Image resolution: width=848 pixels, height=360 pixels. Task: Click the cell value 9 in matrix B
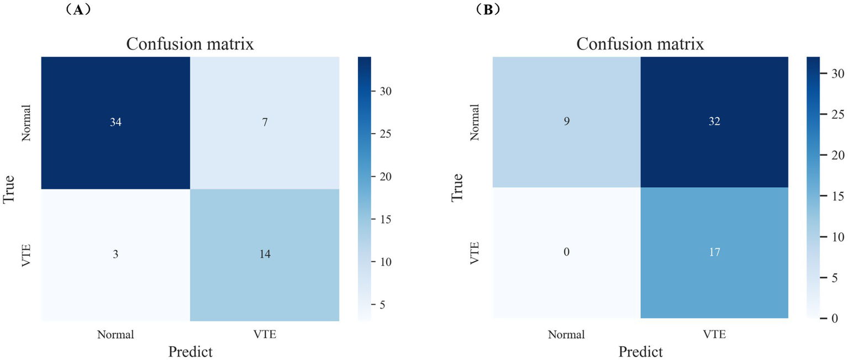[x=566, y=121]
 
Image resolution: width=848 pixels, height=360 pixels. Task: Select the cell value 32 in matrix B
[x=714, y=121]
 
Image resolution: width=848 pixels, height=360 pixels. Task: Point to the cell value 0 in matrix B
[x=566, y=252]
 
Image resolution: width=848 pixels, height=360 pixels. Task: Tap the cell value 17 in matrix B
[x=714, y=252]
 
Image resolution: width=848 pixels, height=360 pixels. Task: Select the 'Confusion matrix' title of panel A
[x=190, y=44]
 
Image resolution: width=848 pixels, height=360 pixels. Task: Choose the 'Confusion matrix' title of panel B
[x=640, y=44]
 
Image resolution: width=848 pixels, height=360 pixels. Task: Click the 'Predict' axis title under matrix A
[x=190, y=351]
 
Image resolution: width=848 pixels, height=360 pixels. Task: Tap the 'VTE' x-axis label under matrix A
[x=265, y=334]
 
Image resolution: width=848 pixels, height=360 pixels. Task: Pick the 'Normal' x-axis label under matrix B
[x=566, y=334]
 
